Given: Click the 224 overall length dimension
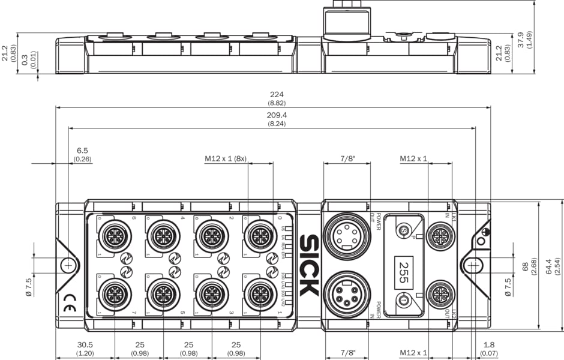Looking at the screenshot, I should click(x=276, y=94).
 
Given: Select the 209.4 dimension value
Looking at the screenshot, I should click(x=276, y=115).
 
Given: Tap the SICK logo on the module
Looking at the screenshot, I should click(x=308, y=265).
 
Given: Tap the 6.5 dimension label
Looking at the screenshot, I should click(x=82, y=151).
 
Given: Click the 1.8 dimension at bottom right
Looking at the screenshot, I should click(x=489, y=345).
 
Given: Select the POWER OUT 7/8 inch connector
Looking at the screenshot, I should click(x=347, y=235).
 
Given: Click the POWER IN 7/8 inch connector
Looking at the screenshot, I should click(x=347, y=294).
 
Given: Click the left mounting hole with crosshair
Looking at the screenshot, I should click(x=70, y=265).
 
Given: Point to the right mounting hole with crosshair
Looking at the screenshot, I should click(x=473, y=265).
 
